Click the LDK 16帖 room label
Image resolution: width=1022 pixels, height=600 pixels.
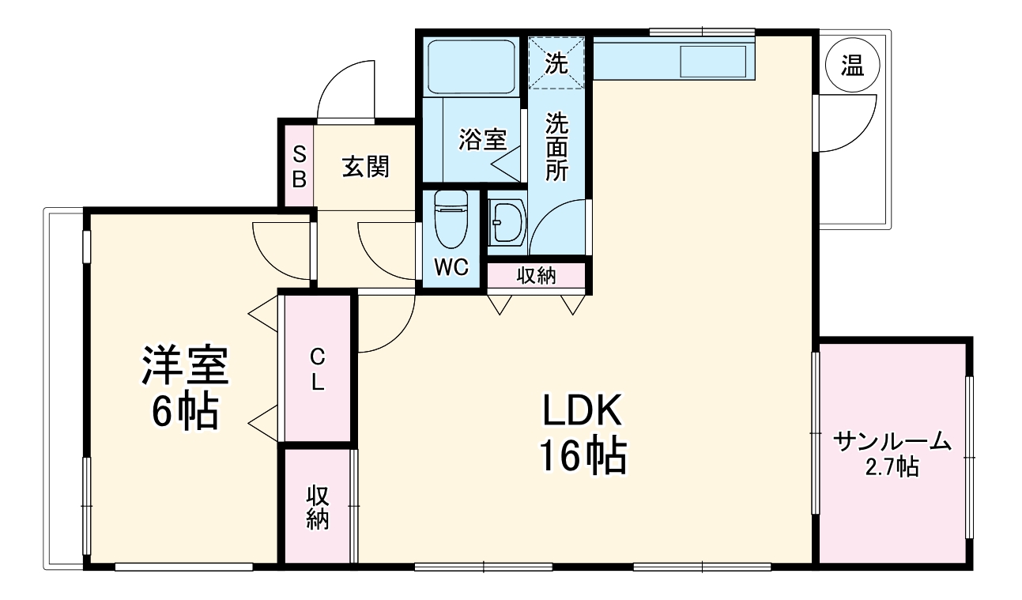coord(583,432)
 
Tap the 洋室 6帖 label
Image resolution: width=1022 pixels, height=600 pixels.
coord(184,387)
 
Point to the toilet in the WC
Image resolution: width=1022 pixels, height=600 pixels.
coord(451,218)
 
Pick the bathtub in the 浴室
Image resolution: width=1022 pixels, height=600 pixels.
coord(471,66)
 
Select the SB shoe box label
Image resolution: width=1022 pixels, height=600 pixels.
coord(299,166)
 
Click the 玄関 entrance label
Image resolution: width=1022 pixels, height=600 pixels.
coord(365,167)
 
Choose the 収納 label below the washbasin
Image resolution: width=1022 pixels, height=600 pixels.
coord(536,276)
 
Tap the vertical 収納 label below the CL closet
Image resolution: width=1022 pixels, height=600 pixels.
coord(318,507)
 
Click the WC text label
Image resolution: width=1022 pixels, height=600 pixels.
coord(451,268)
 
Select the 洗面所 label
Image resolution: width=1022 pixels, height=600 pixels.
coord(558,147)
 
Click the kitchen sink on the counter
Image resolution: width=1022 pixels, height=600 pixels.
coord(713,62)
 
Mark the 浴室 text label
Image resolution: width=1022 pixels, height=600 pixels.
coord(482,140)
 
